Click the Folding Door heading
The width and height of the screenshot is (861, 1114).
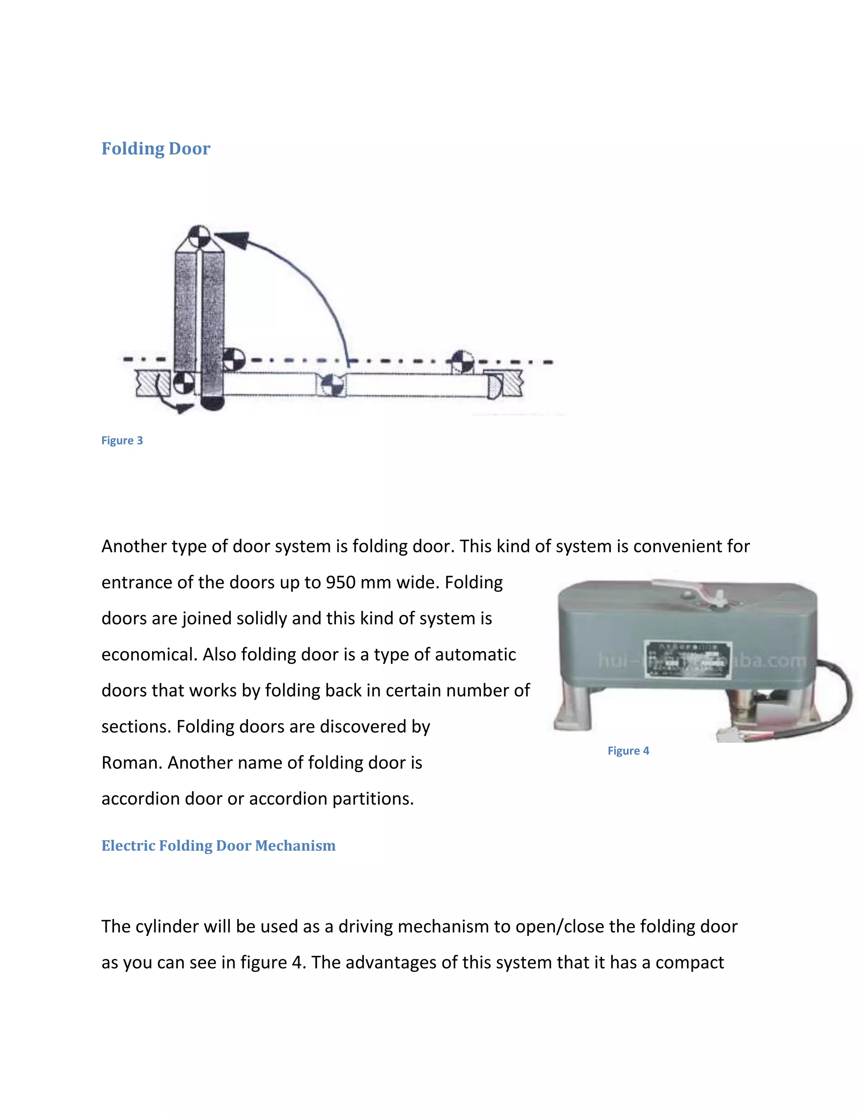[156, 148]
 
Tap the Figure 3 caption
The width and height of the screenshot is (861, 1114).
[122, 440]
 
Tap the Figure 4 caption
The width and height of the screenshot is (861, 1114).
[628, 750]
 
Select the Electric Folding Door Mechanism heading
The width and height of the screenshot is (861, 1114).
[218, 845]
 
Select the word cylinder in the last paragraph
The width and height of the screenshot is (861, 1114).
[167, 926]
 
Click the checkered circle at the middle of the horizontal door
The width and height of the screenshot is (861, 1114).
[332, 384]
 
